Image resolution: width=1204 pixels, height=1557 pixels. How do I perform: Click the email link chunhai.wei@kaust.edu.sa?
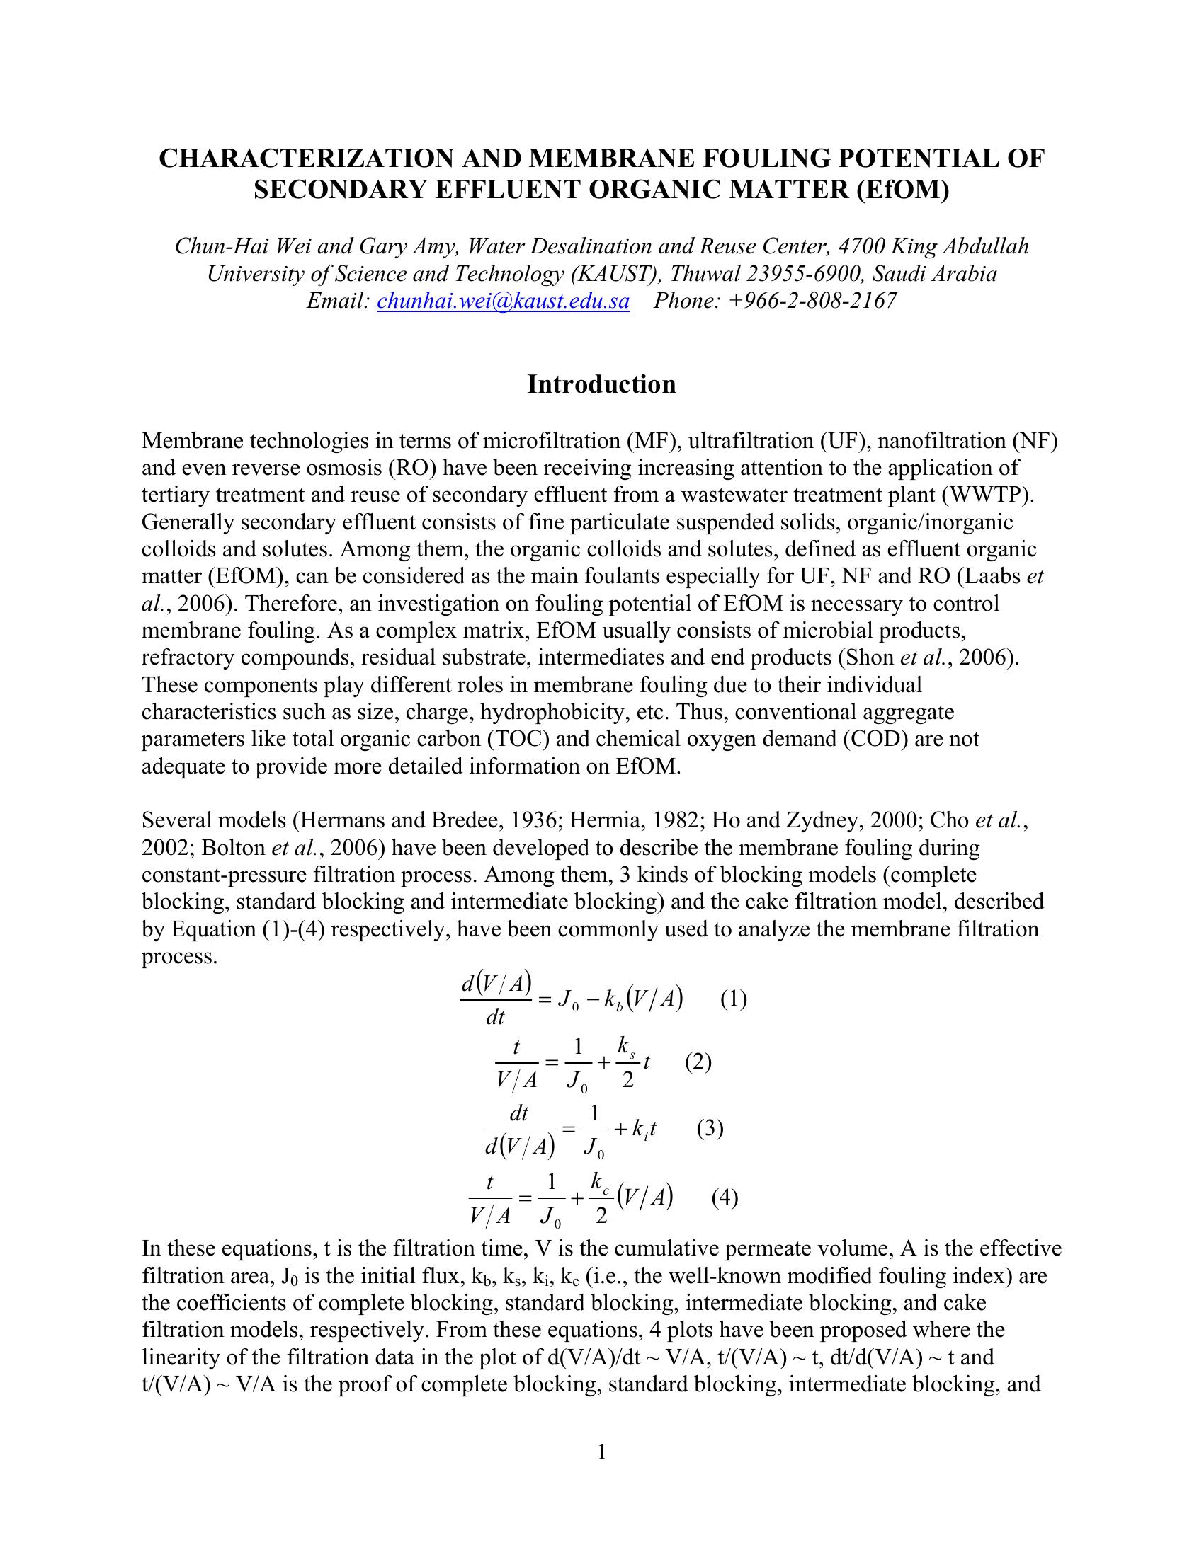(x=503, y=301)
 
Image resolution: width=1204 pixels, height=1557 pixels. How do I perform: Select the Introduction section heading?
(x=601, y=384)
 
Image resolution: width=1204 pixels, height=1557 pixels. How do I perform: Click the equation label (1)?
(x=733, y=999)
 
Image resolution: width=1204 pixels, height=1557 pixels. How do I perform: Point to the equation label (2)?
(x=698, y=1062)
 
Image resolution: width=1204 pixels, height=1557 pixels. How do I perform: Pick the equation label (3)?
(x=710, y=1128)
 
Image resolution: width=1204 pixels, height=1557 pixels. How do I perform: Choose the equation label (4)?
(x=725, y=1197)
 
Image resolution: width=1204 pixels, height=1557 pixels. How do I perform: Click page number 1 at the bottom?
(x=601, y=1452)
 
